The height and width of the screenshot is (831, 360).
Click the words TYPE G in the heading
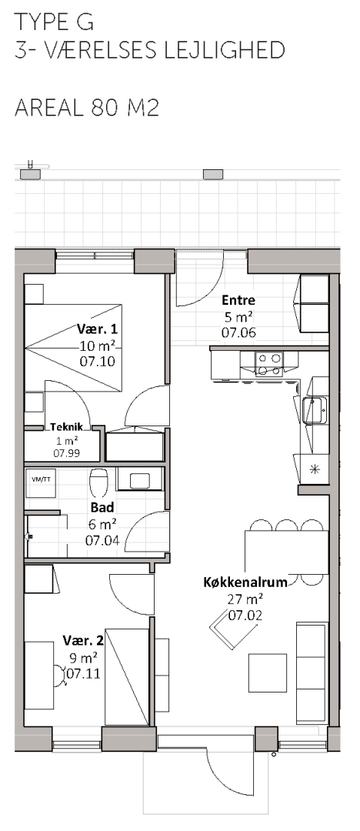click(x=54, y=22)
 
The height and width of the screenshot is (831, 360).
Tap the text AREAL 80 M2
click(x=87, y=108)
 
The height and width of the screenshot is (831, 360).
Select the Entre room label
click(x=238, y=300)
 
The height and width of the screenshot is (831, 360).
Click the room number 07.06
click(x=238, y=333)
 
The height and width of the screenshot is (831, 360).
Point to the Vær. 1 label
click(x=97, y=329)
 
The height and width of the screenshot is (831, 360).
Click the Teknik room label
click(x=66, y=426)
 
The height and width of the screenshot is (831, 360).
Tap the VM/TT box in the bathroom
click(x=41, y=482)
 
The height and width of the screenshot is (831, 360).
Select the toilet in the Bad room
click(x=98, y=481)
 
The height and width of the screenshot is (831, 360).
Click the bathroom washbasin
click(x=140, y=480)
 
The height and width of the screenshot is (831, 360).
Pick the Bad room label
click(x=102, y=508)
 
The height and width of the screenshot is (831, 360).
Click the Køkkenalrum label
click(x=245, y=582)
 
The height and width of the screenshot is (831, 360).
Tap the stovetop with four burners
click(x=268, y=363)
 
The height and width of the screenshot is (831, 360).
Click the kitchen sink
click(x=315, y=410)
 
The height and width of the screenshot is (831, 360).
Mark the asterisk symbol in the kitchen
click(x=314, y=469)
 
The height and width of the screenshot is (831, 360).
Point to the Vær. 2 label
click(x=83, y=639)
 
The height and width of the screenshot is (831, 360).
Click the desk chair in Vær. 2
click(x=59, y=673)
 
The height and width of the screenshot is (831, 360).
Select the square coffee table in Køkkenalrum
click(x=267, y=672)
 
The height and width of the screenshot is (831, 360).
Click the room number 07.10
click(x=97, y=362)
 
